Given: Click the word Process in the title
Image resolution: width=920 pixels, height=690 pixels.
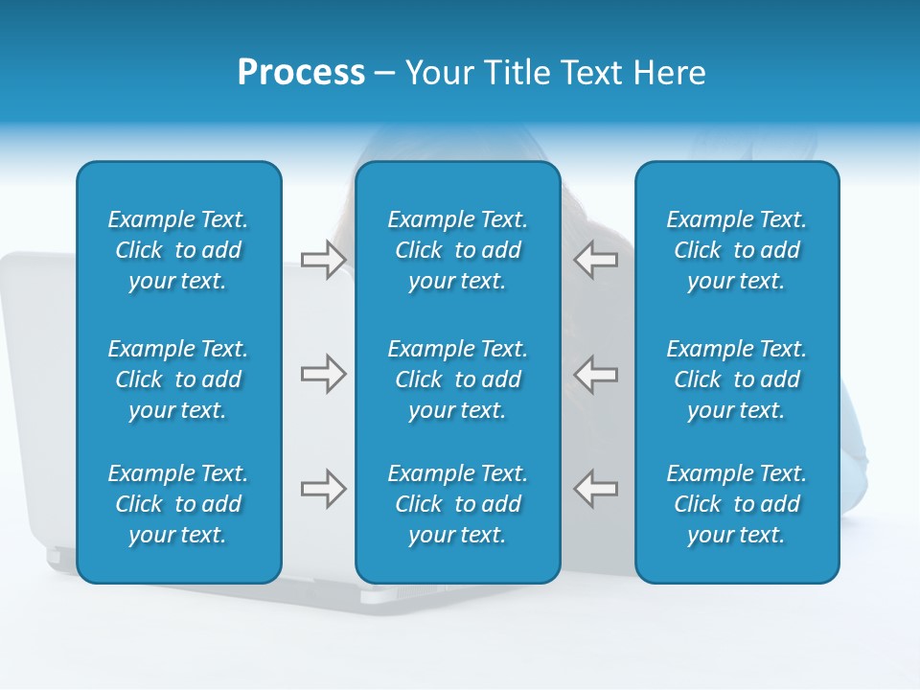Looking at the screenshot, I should pos(301,73).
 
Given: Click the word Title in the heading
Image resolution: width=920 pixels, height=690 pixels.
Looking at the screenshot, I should pos(515,73).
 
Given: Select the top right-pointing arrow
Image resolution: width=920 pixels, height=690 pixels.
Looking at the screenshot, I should pos(323,260).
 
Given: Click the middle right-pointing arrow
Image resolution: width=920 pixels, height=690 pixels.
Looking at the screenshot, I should pos(323,374).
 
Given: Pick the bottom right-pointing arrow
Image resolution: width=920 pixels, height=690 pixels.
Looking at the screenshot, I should pos(323,489).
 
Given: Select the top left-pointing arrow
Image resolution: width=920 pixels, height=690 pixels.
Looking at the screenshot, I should pos(596,260).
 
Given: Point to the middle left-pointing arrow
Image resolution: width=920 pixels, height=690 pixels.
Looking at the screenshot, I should pos(596,374).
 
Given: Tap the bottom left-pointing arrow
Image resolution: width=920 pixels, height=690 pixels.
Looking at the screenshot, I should pos(596,489).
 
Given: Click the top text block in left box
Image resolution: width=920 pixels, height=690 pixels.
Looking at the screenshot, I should pos(178,250).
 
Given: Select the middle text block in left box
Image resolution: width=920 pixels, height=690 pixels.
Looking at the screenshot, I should pos(178,379).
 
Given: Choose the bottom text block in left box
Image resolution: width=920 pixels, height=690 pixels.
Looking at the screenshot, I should pos(178,504).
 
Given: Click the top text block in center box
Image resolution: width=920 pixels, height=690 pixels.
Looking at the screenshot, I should pos(457,250).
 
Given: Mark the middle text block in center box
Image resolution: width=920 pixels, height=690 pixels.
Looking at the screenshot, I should pos(457,379).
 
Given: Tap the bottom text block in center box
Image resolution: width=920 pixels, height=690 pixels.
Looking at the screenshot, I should pos(457,504).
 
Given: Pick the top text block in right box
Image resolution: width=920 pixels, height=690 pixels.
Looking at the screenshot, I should pos(736,250).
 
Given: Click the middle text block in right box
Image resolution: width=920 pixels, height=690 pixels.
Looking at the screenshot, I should pos(736,379).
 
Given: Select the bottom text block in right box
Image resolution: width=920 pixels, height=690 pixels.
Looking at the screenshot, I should pos(736,504).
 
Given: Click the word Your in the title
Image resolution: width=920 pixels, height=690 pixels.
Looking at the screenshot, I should pos(438,73).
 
